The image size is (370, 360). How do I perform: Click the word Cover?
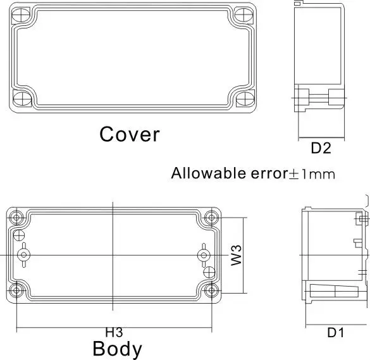130,134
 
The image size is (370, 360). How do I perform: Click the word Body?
117,349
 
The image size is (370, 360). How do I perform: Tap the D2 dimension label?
321,149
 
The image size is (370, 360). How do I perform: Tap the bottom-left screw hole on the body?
17,290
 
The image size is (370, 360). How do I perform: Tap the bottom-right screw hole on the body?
211,290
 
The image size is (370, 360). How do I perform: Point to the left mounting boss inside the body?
24,254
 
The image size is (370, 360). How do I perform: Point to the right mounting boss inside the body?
203,254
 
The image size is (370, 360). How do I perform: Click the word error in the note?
266,173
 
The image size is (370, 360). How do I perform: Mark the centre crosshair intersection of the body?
113,254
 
